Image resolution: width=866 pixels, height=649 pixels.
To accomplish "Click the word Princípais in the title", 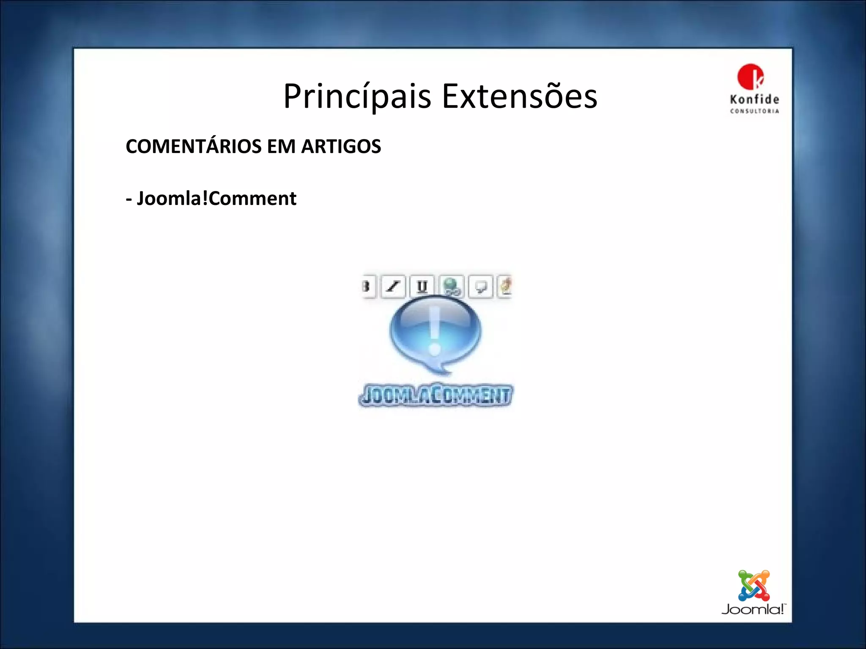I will tap(357, 96).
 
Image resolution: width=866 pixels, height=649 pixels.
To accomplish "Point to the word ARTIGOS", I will tap(341, 146).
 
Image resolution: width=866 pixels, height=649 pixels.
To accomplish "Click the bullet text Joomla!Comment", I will tap(216, 198).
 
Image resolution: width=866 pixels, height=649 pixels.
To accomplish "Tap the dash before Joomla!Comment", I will tap(129, 199).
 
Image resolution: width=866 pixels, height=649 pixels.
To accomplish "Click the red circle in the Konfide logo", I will tap(750, 76).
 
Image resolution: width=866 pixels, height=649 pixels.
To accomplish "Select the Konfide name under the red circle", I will tap(754, 100).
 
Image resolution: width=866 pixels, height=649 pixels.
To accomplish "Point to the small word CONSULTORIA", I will tap(754, 111).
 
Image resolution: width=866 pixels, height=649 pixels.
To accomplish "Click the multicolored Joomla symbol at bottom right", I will tap(754, 586).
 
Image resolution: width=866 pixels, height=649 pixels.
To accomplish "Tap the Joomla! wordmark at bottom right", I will tap(753, 609).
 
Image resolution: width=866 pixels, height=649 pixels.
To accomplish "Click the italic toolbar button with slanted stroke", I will tap(393, 286).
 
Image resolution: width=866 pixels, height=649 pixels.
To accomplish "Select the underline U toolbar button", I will tap(422, 286).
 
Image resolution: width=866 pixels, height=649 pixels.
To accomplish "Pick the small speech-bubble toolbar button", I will tap(481, 286).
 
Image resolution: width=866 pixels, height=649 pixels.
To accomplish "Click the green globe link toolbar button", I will tap(451, 286).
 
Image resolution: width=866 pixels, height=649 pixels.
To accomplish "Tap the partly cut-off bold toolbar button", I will tap(368, 286).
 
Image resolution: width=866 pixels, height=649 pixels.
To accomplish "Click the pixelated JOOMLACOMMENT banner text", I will tap(436, 395).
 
